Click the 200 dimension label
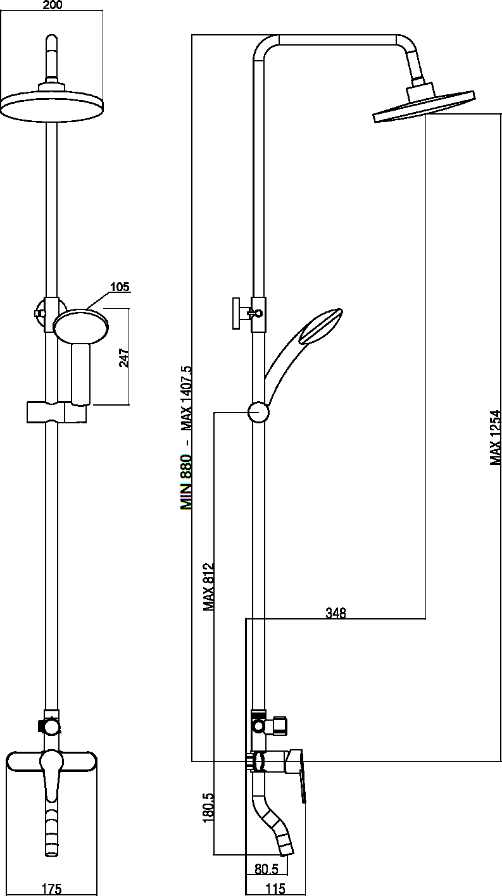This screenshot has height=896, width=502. [53, 5]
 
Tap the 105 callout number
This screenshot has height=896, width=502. [120, 287]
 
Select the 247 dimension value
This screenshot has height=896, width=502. [123, 358]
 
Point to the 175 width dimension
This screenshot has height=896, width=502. [52, 888]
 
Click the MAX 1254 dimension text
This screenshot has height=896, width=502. [496, 437]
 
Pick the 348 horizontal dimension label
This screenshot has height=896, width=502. [336, 613]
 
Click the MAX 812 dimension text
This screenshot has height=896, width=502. [208, 587]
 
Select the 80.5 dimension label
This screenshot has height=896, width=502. [267, 866]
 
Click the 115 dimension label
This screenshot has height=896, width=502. [275, 889]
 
